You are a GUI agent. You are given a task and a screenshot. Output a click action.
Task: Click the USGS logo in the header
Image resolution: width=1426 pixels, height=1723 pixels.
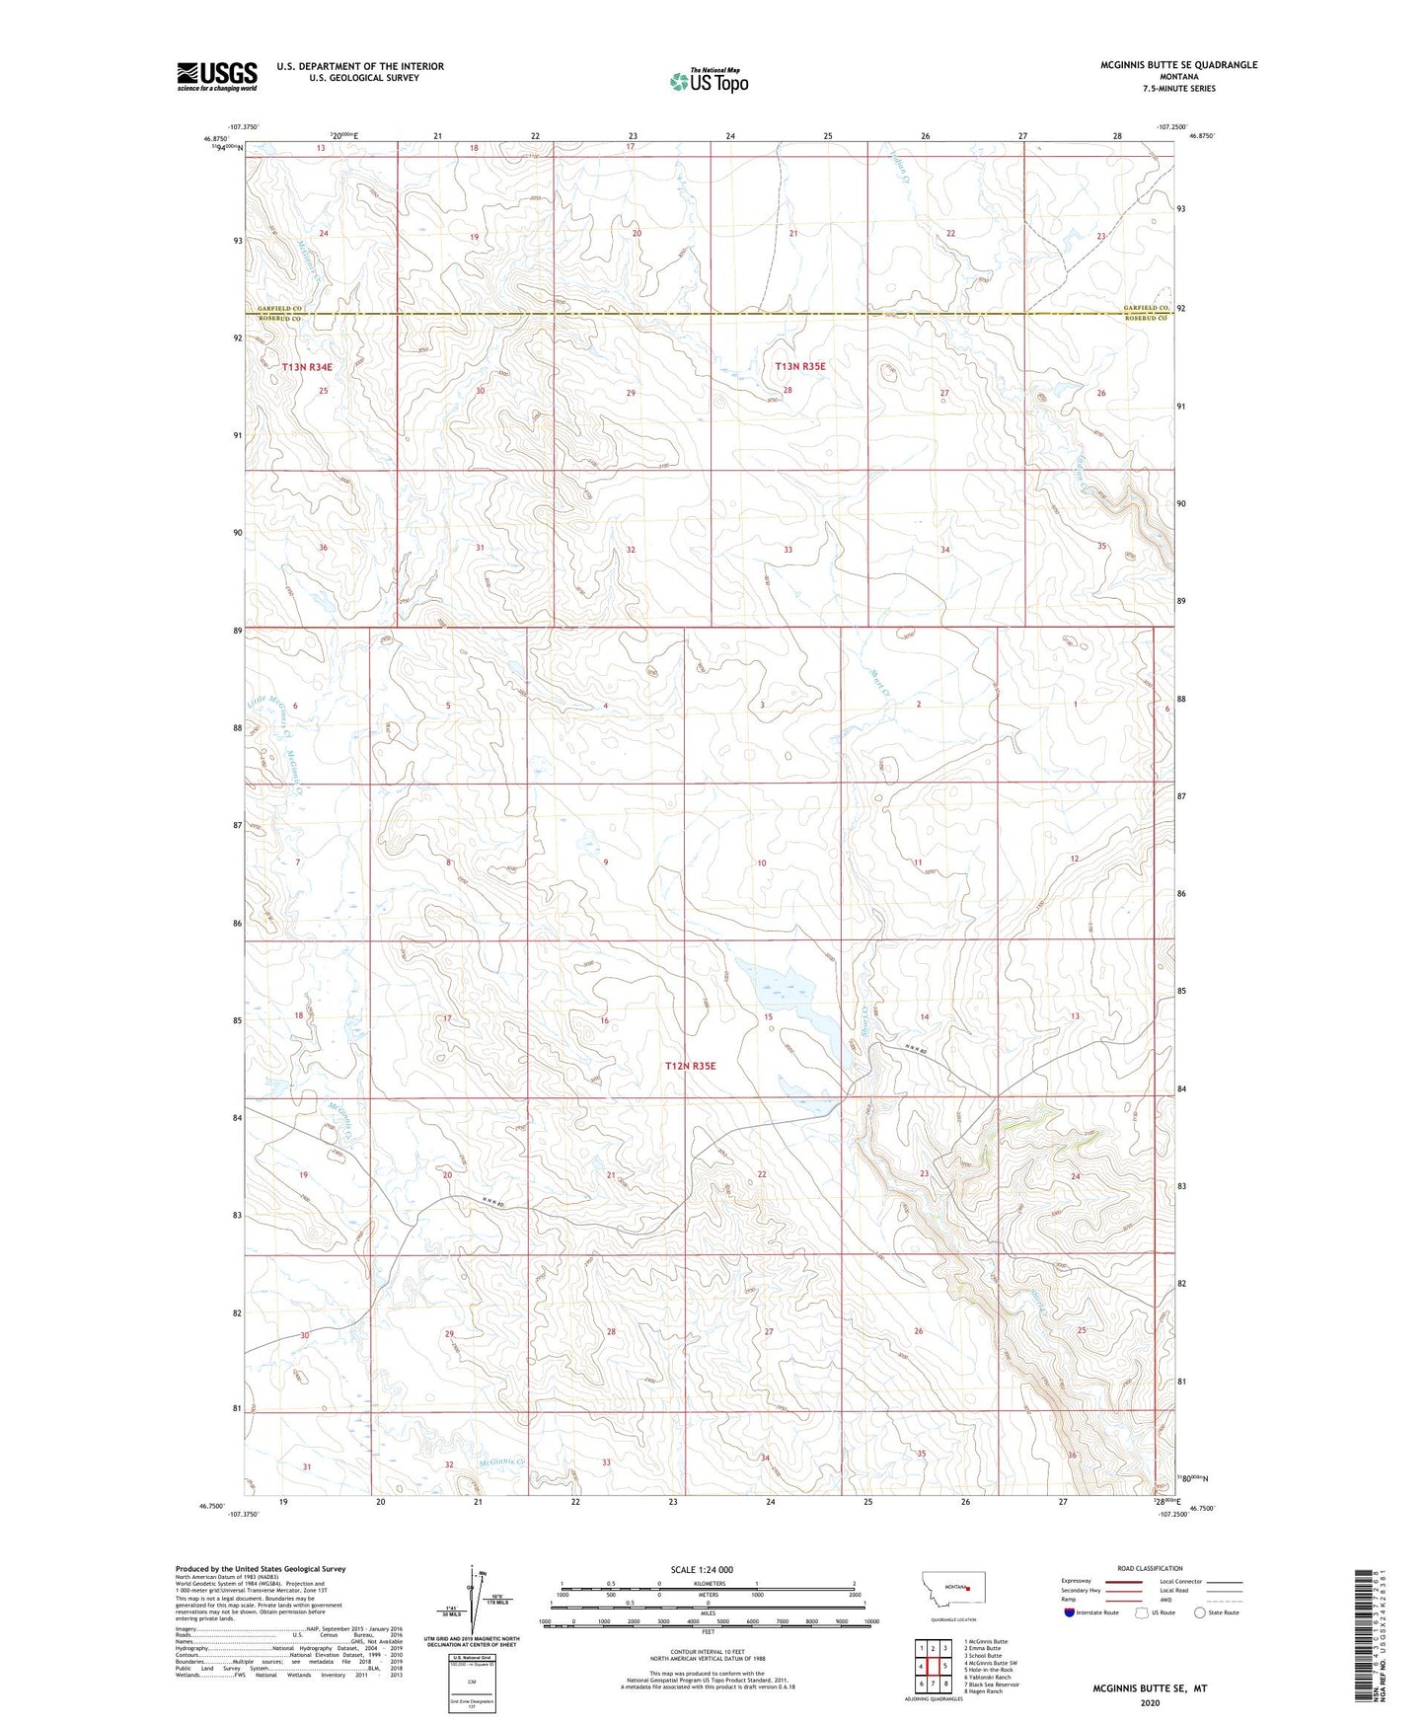coord(217,76)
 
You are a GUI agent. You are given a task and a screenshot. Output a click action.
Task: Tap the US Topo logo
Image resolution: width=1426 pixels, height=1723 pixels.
coord(709,81)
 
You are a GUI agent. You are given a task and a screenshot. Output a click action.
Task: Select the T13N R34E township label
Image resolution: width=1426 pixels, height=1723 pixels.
coord(307,367)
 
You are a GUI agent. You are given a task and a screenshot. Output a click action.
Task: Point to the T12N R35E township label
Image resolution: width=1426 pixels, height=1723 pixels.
coord(690,1066)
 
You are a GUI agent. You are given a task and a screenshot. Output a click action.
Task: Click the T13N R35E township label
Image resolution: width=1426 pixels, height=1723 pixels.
coord(799,366)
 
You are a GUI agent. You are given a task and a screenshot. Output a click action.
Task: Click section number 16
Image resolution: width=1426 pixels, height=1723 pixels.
coord(604,1020)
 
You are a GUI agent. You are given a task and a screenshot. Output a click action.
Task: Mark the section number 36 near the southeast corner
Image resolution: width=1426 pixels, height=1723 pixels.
coord(1072,1456)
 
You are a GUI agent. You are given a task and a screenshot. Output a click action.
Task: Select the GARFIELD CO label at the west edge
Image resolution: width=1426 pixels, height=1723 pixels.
coord(279,309)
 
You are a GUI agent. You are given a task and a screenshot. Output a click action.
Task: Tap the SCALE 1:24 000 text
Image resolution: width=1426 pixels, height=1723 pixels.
coord(702,1569)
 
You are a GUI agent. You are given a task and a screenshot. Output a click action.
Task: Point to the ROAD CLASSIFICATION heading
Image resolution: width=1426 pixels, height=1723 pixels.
coord(1150,1568)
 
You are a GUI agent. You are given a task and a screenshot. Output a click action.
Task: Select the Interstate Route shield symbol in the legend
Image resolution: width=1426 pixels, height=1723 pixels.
coord(1070,1612)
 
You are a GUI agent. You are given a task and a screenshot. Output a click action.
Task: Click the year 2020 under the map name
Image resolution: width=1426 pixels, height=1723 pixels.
coord(1149,1703)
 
